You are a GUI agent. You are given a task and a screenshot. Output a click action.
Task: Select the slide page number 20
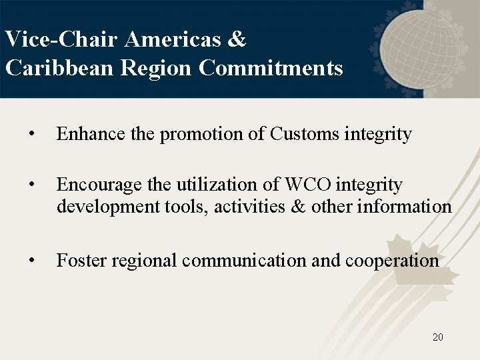click(x=437, y=337)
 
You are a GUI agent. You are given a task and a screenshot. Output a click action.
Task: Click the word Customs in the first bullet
click(x=305, y=134)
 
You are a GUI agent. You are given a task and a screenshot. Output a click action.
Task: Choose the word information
click(x=405, y=207)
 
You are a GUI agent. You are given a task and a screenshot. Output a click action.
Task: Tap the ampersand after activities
click(x=298, y=207)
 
